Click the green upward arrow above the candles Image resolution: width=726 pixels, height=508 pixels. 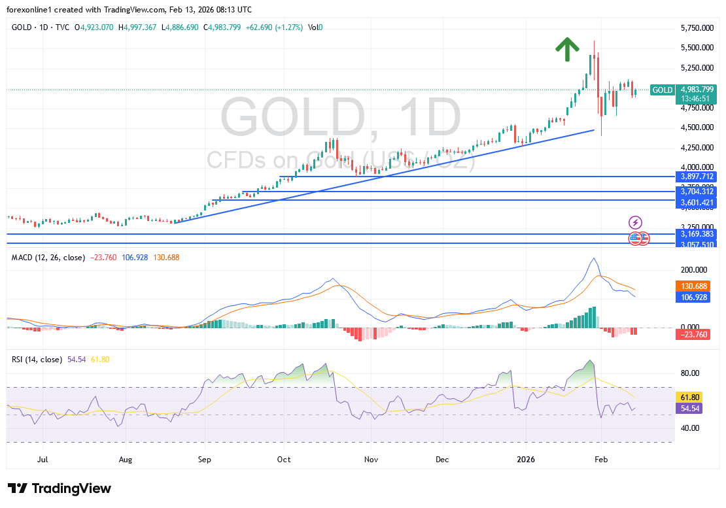pos(567,49)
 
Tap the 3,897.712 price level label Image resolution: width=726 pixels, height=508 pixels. pos(696,177)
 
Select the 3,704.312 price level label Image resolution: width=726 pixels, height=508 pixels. pos(696,192)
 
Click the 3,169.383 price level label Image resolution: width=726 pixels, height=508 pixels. pos(696,233)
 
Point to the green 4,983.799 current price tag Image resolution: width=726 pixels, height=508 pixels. pos(696,90)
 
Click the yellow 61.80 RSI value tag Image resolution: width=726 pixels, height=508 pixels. pos(691,397)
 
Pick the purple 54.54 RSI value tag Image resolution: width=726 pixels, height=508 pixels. pos(691,408)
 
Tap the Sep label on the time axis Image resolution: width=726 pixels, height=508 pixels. pos(205,460)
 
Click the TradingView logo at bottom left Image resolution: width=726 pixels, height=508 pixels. pos(60,488)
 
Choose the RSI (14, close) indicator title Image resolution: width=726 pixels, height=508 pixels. pos(37,360)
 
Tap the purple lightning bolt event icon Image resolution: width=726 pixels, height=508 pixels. pos(635,222)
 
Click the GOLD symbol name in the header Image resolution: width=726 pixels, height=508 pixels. pos(23,27)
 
